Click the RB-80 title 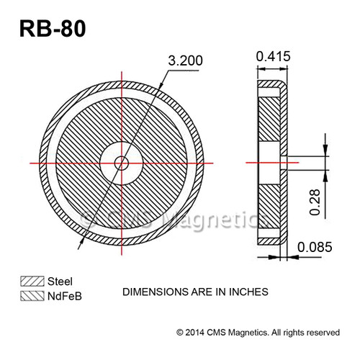click(53, 31)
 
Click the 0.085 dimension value click(315, 247)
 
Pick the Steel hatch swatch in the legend click(32, 281)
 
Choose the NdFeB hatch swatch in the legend click(32, 294)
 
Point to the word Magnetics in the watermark click(206, 218)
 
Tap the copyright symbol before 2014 click(180, 332)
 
